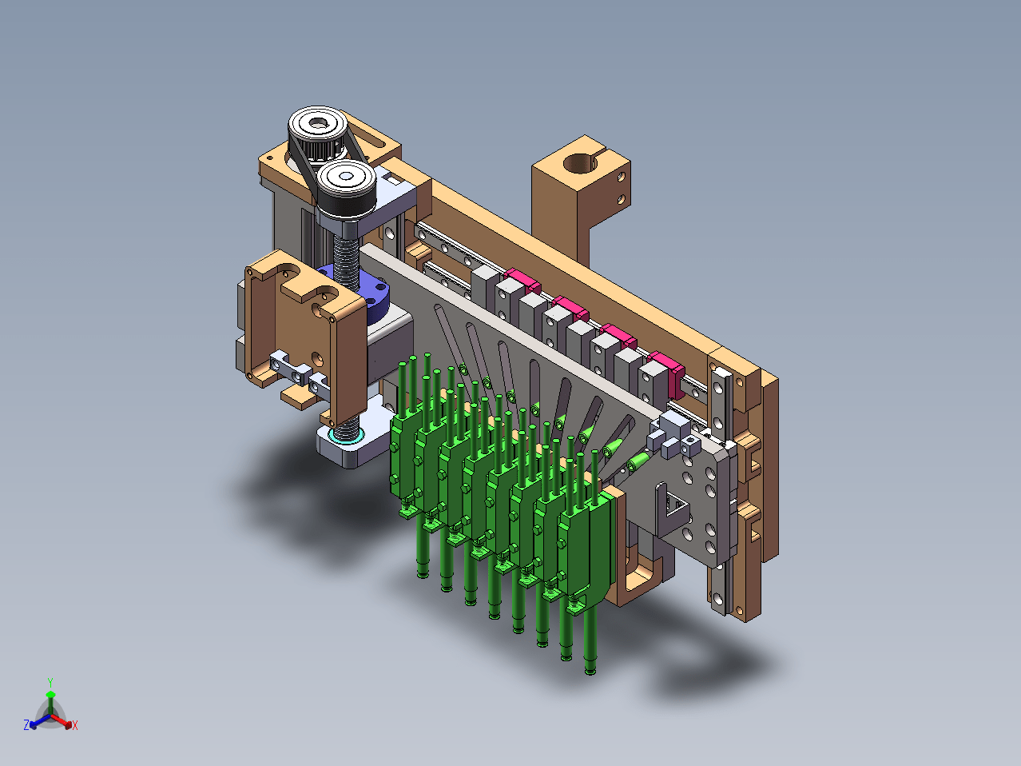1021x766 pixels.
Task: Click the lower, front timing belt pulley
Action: (x=347, y=186)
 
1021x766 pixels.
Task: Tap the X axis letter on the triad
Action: (x=75, y=725)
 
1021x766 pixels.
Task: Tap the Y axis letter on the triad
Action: (x=50, y=683)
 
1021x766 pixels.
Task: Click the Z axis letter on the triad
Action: (x=26, y=724)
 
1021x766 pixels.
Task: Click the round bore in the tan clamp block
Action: (x=580, y=163)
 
